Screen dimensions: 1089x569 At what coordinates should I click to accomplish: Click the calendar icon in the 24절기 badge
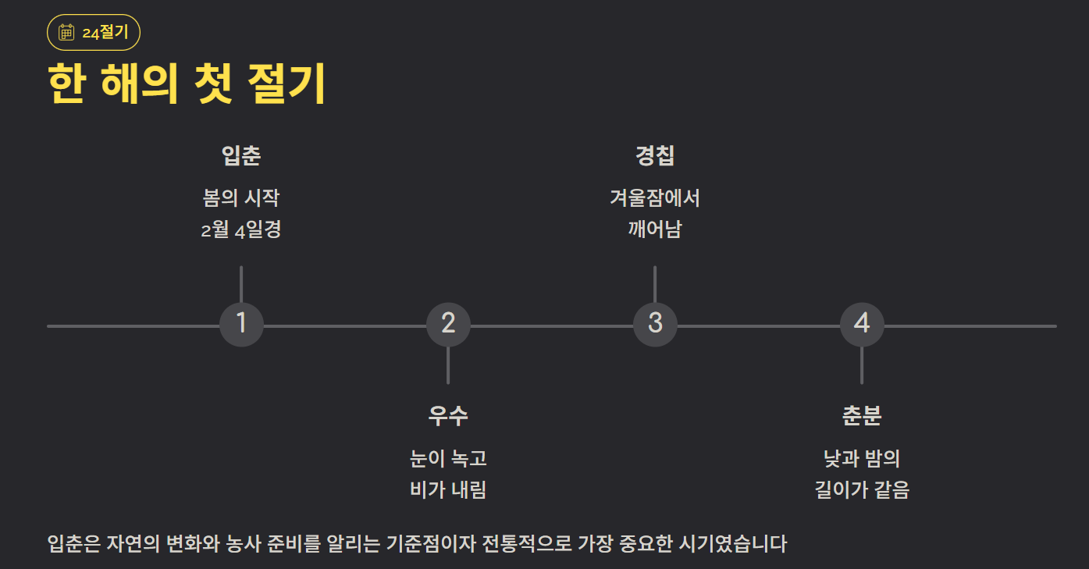tap(66, 32)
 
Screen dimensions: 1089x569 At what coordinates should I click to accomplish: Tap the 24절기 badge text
tap(105, 32)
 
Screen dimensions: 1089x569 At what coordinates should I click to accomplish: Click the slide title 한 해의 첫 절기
tap(187, 84)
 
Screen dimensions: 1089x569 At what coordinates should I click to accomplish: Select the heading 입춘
tap(241, 156)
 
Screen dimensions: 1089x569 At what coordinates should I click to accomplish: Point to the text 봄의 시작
tap(241, 197)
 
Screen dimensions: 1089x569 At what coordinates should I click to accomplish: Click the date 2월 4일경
tap(241, 230)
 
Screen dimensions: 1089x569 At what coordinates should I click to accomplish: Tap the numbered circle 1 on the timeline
tap(241, 323)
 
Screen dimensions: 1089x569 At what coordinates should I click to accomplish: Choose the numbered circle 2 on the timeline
tap(448, 323)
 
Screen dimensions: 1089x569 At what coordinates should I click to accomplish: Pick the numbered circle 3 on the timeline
tap(655, 323)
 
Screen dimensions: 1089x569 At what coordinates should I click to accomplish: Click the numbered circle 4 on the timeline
tap(862, 323)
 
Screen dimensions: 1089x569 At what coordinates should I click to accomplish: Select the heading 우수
tap(448, 416)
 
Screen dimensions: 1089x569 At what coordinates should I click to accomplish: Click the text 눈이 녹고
tap(448, 458)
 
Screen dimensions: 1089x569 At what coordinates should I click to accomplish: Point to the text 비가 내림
tap(448, 490)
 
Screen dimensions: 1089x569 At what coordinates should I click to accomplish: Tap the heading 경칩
tap(655, 156)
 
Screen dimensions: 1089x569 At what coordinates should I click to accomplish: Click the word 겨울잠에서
tap(655, 197)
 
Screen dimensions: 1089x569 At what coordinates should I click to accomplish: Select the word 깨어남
tap(655, 230)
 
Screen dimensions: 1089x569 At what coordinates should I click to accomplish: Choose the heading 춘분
tap(862, 416)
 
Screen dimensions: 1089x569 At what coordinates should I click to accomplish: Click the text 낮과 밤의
tap(862, 458)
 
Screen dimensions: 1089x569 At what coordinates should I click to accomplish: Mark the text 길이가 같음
tap(862, 490)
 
